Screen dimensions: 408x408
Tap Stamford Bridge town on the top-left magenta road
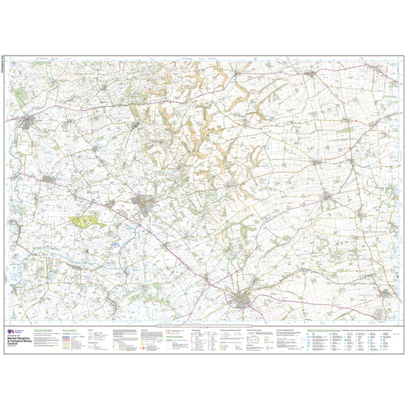coord(28,119)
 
